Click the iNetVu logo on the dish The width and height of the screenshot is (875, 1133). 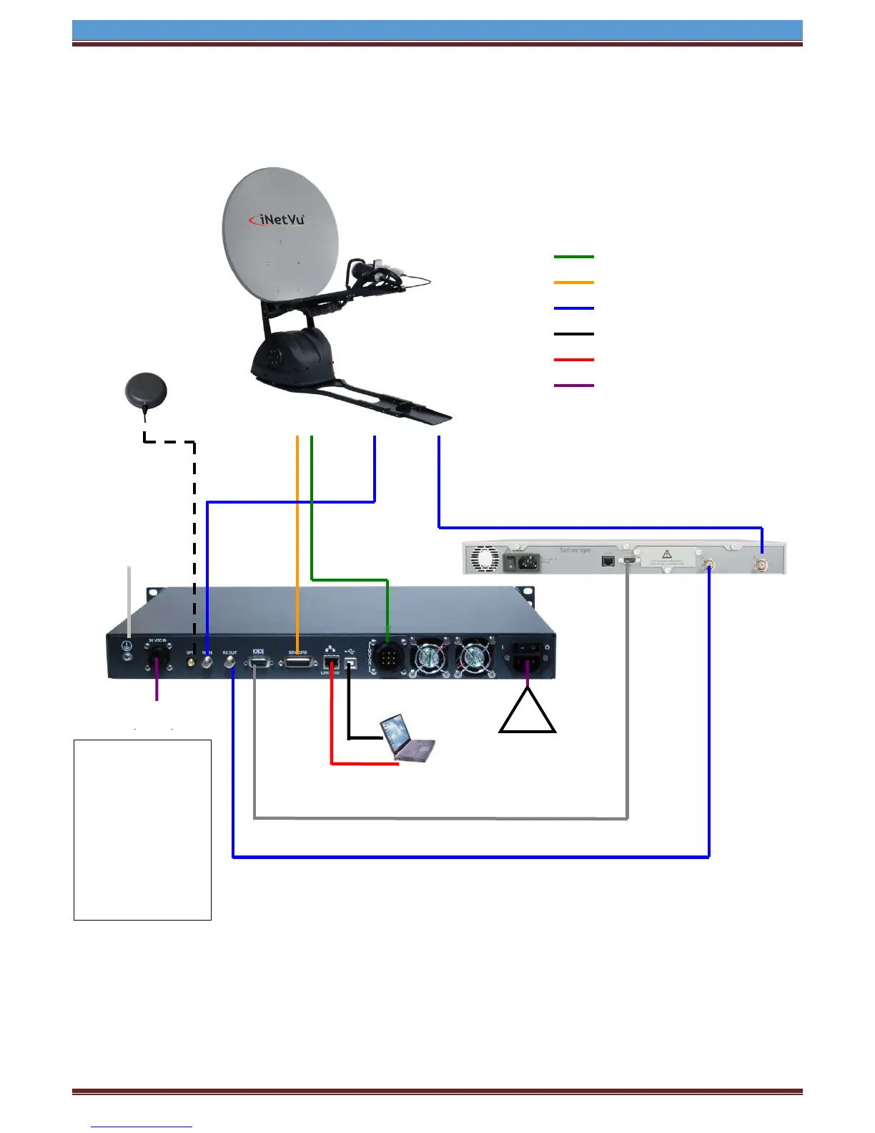(277, 220)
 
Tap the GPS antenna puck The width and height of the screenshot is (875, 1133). (146, 391)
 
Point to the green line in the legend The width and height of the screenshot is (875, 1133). (573, 257)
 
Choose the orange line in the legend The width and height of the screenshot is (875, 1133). (573, 283)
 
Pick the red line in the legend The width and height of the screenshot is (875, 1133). (573, 360)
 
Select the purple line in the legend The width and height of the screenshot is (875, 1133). (573, 386)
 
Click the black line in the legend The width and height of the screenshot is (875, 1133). (573, 334)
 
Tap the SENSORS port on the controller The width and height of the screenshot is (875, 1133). (297, 663)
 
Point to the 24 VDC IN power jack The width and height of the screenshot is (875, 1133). (157, 657)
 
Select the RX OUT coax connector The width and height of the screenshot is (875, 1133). (231, 663)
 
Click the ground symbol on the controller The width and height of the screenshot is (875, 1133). (128, 656)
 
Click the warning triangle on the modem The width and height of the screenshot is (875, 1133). (666, 554)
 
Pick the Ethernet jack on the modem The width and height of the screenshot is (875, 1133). (608, 561)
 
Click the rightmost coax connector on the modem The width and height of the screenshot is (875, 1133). (763, 564)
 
